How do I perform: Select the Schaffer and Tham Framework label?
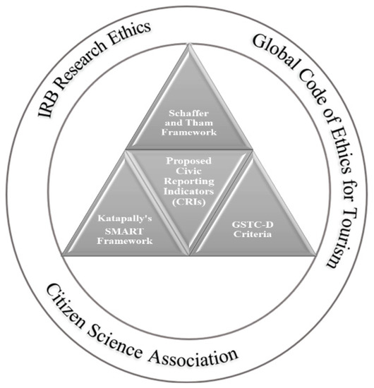(188, 121)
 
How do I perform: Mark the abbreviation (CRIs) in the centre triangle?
(188, 201)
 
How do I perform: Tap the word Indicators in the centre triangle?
(188, 191)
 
